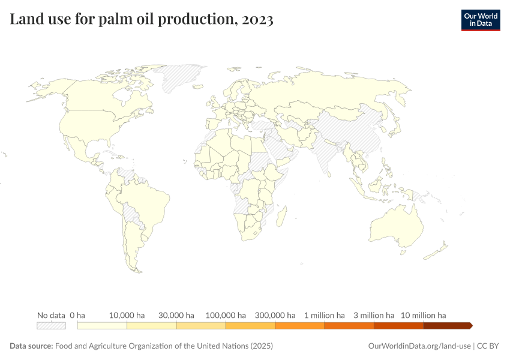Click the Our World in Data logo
[x=480, y=20]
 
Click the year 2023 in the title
[x=257, y=20]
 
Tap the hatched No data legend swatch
[x=51, y=325]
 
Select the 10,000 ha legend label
[x=127, y=315]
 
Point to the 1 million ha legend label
[x=324, y=315]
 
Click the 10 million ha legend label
[x=423, y=315]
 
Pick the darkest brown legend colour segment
[x=447, y=325]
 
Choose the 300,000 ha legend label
[x=275, y=315]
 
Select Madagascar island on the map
[x=280, y=214]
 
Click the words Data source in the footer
[x=31, y=346]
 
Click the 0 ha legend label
[x=77, y=315]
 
